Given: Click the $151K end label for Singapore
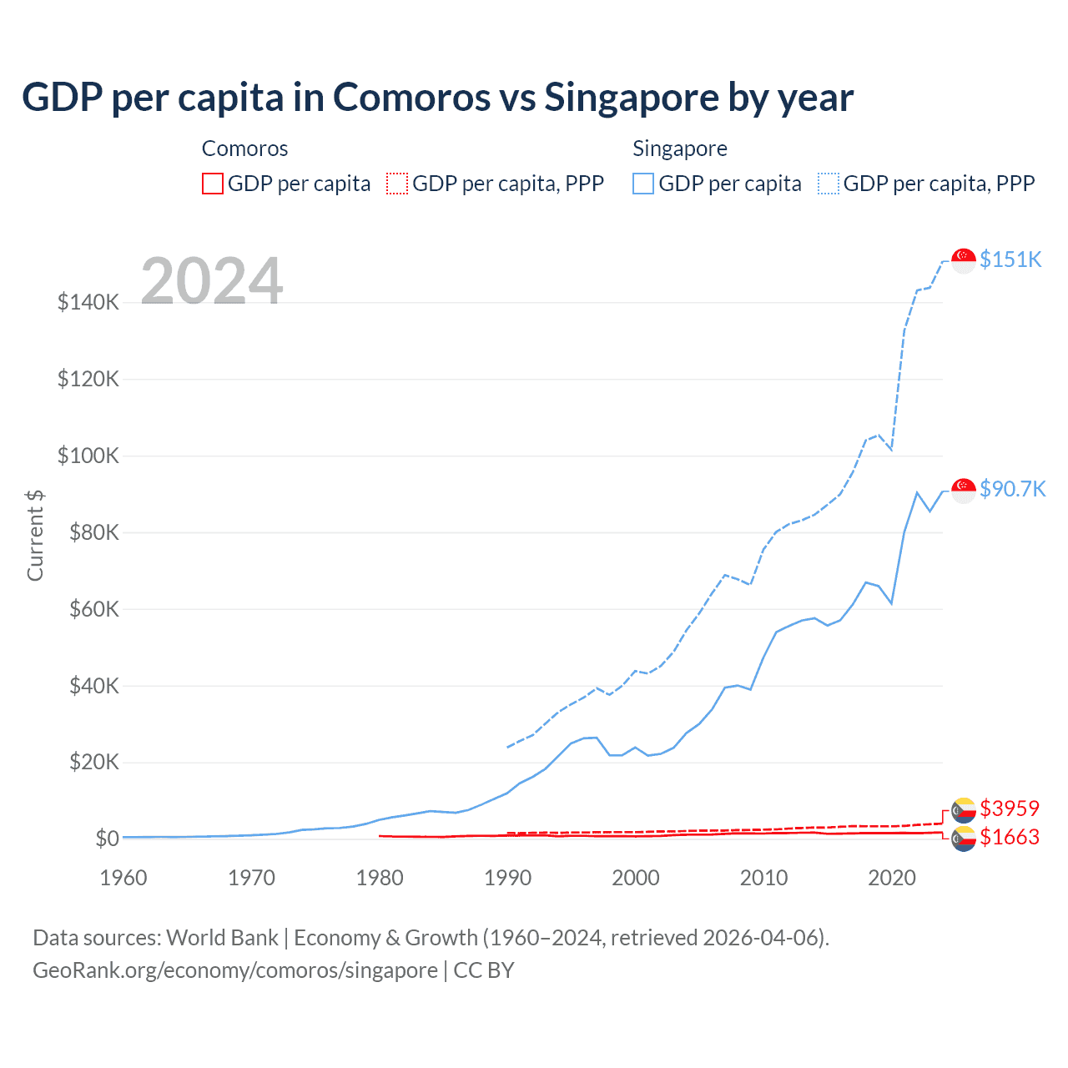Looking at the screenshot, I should pyautogui.click(x=1010, y=259).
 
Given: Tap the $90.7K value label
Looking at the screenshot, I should pyautogui.click(x=1012, y=489).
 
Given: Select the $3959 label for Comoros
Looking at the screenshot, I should pyautogui.click(x=1009, y=809).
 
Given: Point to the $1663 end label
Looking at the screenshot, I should pyautogui.click(x=1009, y=837).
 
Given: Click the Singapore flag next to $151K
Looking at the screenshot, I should pyautogui.click(x=964, y=260).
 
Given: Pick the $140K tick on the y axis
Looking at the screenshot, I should pyautogui.click(x=88, y=302).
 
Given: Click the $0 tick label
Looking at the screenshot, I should pyautogui.click(x=107, y=839).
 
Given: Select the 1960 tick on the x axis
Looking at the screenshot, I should pyautogui.click(x=123, y=878).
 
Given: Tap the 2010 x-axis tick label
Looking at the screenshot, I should pyautogui.click(x=763, y=878).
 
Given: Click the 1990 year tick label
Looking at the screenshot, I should pyautogui.click(x=507, y=878).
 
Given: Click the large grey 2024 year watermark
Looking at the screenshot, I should pyautogui.click(x=212, y=281).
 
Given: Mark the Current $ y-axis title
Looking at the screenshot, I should pyautogui.click(x=35, y=535).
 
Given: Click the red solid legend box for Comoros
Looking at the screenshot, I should pyautogui.click(x=213, y=184).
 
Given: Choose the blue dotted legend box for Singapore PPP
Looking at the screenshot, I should pyautogui.click(x=829, y=184).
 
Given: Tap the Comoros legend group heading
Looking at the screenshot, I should pyautogui.click(x=244, y=149).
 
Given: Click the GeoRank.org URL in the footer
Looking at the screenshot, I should pyautogui.click(x=235, y=970).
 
